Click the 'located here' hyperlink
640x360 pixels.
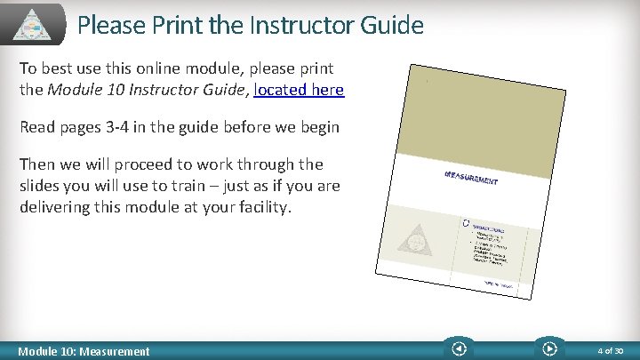pyautogui.click(x=299, y=90)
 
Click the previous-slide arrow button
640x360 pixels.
pyautogui.click(x=459, y=349)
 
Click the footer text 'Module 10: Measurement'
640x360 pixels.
pyautogui.click(x=85, y=351)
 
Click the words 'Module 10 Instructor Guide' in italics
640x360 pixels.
pyautogui.click(x=147, y=90)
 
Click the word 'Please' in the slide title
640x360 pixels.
pyautogui.click(x=108, y=25)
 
